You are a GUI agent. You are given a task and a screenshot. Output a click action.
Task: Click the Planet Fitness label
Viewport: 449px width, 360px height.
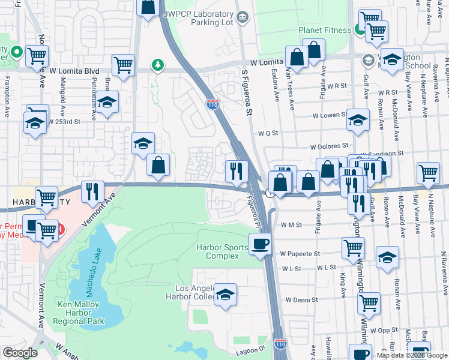pos(324,31)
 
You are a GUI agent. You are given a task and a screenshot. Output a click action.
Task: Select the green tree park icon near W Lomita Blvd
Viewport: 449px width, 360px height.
pos(157,64)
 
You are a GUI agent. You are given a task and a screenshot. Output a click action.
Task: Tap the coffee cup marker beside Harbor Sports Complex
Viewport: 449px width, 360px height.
pos(260,244)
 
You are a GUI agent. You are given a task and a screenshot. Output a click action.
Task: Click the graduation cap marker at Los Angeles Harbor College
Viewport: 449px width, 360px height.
pos(225,295)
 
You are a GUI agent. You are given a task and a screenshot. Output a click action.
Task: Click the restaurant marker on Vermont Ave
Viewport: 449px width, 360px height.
pos(92,192)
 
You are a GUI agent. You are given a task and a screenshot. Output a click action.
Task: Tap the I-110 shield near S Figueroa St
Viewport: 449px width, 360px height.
pos(213,104)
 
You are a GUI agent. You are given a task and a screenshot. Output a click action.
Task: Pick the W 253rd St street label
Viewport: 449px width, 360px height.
pos(65,122)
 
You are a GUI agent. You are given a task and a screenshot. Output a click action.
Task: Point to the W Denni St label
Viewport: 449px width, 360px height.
pos(301,299)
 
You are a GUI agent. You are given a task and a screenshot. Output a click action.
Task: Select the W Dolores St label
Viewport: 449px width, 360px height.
pos(329,146)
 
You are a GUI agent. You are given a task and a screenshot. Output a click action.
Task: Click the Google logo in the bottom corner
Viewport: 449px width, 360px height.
pos(20,353)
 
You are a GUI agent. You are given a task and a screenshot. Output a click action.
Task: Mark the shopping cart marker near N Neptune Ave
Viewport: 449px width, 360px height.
pos(428,173)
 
